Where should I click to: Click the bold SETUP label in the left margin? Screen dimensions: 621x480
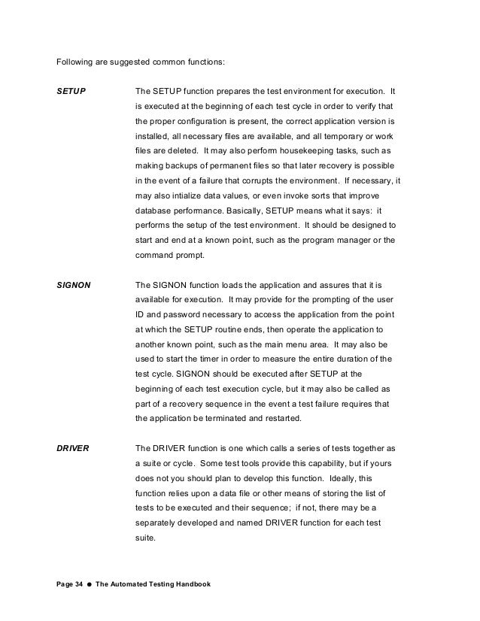tap(71, 91)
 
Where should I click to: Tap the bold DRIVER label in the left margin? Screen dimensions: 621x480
tap(74, 448)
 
